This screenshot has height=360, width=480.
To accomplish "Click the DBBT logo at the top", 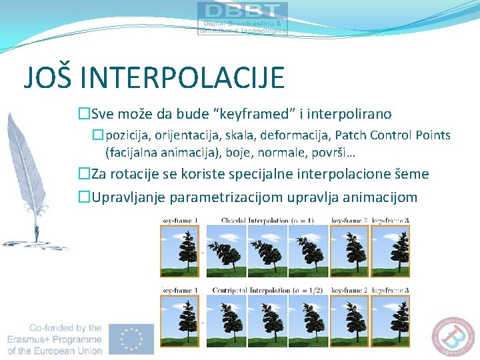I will [243, 18].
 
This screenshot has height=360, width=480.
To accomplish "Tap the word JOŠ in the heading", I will [47, 77].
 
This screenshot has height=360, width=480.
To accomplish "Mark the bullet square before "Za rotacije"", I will [84, 175].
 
